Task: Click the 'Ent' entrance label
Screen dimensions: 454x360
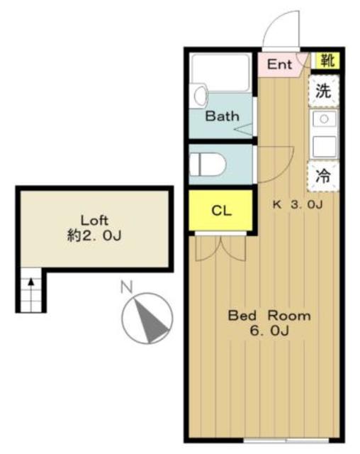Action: (x=279, y=64)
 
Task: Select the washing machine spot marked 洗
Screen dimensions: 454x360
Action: (x=323, y=91)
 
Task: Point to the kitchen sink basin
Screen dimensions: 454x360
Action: (x=323, y=119)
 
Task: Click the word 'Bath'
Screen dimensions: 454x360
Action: (x=222, y=116)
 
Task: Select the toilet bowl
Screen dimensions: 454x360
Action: (x=210, y=165)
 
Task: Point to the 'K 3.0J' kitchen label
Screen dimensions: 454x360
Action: (x=298, y=205)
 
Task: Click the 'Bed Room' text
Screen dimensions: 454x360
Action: (x=269, y=316)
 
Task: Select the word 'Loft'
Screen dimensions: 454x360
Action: (x=95, y=219)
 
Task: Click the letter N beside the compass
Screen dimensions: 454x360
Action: (x=127, y=287)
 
